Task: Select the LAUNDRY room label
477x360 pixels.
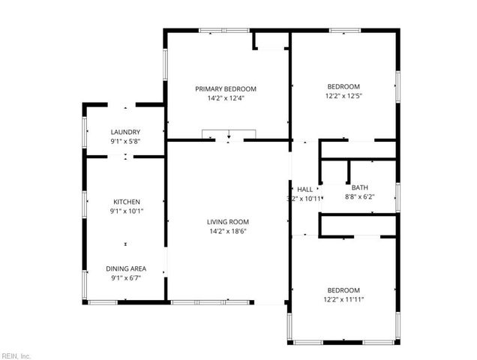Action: point(125,132)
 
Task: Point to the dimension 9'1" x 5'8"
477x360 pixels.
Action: point(125,142)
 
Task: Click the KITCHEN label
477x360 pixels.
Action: point(126,202)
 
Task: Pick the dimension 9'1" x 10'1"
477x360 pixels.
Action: point(126,211)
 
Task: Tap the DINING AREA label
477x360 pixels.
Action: point(126,268)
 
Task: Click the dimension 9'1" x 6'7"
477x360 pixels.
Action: point(126,278)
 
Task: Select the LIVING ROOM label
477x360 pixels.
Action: point(228,222)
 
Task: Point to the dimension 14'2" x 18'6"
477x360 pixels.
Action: point(228,232)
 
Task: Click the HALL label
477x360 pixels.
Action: point(304,189)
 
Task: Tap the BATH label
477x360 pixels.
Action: point(360,187)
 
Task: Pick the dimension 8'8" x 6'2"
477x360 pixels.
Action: point(360,197)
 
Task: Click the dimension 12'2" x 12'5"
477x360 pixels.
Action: point(343,96)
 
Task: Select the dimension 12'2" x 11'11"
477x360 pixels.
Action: point(343,300)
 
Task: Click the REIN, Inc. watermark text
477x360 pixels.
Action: point(16,355)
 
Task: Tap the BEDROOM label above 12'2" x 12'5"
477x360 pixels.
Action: point(343,86)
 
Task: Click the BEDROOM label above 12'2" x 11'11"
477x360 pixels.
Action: point(343,290)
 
